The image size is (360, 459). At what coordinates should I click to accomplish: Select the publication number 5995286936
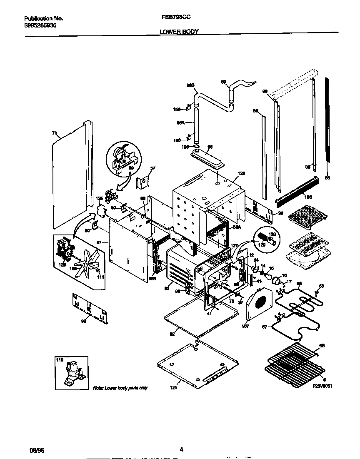40,25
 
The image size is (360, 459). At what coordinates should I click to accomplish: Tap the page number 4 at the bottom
181,449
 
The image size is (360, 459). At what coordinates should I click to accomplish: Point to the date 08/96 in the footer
36,450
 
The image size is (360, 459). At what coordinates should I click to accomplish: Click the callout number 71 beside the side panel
54,133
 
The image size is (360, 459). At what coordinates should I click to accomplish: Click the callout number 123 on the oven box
241,173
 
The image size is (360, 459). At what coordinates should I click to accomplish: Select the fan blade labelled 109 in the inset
86,264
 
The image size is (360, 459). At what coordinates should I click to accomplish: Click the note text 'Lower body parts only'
120,388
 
